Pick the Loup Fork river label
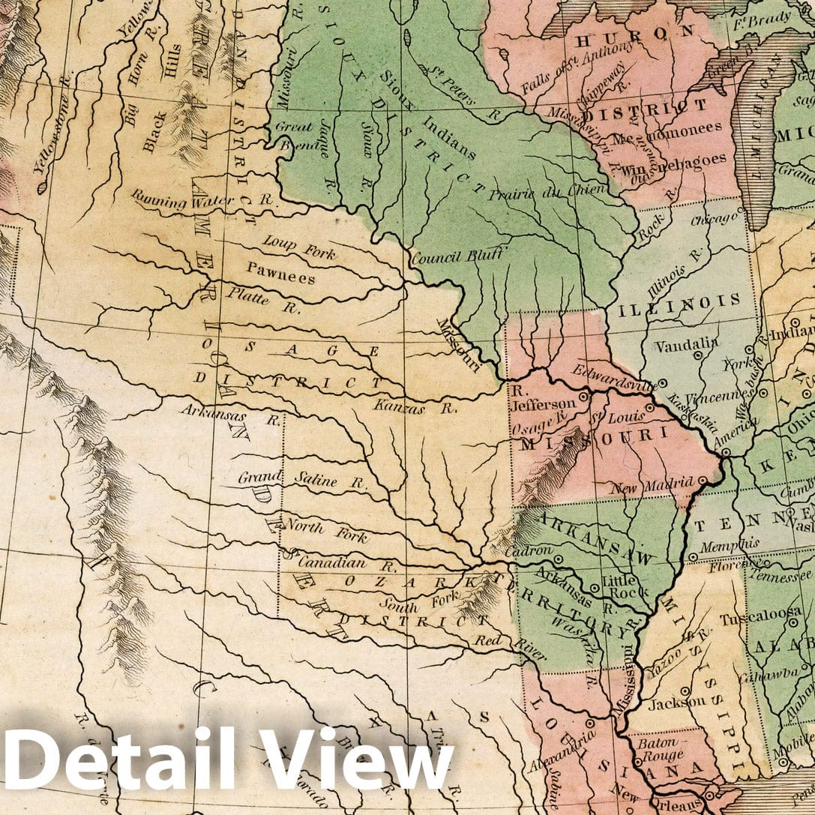coord(299,247)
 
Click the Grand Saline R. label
coord(303,481)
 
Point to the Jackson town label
coord(676,703)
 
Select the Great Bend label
coord(294,135)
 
